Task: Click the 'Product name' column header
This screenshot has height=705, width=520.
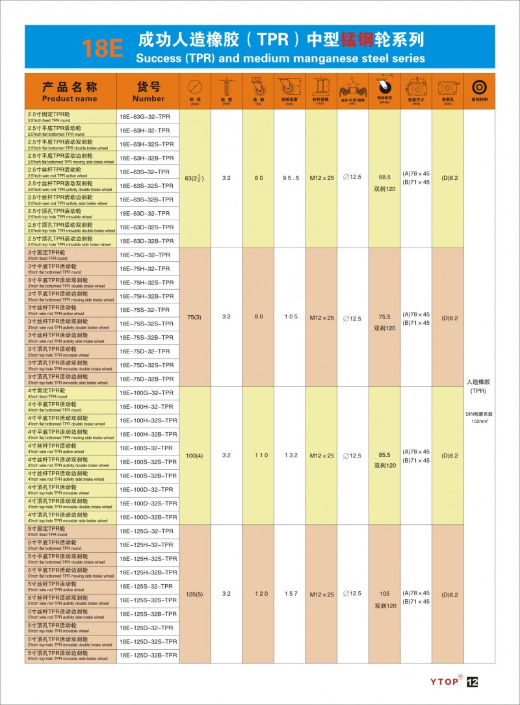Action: tap(70, 92)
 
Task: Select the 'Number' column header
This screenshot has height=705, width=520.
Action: tap(148, 92)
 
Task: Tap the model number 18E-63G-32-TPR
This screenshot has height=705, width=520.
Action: tap(144, 117)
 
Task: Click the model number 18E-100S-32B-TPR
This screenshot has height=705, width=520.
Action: tap(148, 476)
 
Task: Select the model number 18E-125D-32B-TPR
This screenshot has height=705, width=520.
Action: tap(148, 655)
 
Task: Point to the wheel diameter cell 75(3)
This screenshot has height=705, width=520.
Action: tap(194, 317)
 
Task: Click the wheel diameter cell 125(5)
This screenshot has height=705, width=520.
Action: tap(194, 594)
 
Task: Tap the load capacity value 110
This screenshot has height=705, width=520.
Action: tap(258, 455)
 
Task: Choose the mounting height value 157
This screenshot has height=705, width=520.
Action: tap(290, 594)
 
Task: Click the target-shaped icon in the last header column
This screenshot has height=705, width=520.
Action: tap(479, 88)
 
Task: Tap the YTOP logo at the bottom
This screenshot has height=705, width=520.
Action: tap(446, 682)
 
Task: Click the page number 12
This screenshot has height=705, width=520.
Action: tap(473, 682)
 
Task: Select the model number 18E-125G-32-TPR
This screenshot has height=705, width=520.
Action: tap(146, 531)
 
